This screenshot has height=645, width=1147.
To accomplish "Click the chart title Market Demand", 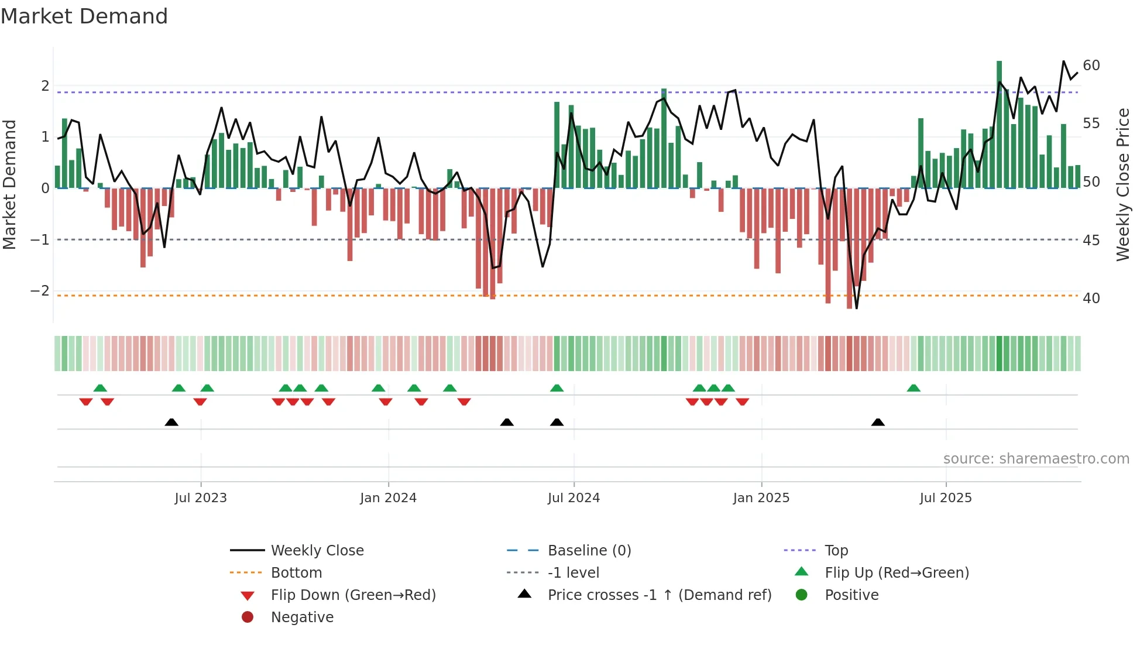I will click(x=84, y=16).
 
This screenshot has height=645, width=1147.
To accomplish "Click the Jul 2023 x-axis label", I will click(x=201, y=498).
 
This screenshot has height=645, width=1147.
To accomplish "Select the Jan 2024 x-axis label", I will click(x=388, y=498).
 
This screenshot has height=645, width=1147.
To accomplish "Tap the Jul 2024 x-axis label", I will click(x=573, y=498).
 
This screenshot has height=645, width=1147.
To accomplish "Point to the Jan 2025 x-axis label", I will click(x=761, y=498).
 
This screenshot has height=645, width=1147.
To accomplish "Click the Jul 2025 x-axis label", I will click(x=946, y=498).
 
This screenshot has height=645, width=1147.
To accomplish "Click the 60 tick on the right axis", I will click(x=1091, y=66).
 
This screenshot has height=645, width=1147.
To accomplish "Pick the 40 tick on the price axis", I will click(x=1091, y=299).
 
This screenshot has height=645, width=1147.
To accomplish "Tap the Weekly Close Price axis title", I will click(x=1122, y=184).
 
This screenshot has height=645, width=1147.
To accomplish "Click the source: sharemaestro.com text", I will click(x=1036, y=459).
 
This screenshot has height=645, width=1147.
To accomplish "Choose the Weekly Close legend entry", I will click(x=317, y=551).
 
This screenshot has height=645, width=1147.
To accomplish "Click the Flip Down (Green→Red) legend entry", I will click(x=353, y=595).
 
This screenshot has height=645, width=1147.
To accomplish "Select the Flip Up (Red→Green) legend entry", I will click(x=897, y=573).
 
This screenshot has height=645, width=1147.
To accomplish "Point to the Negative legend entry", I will click(x=302, y=617).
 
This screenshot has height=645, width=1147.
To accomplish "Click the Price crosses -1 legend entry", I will click(x=660, y=595).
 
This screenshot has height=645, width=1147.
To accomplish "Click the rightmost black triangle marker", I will click(x=878, y=422).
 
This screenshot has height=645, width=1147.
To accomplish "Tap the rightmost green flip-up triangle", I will click(x=914, y=388).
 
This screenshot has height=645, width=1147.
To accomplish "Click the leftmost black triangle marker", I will click(x=171, y=422).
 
